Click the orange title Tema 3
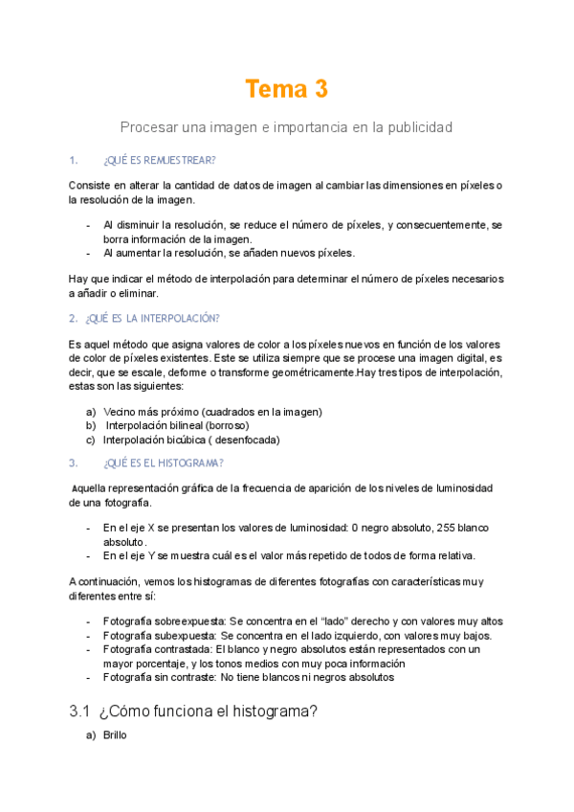[286, 89]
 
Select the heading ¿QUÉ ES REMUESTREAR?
[159, 160]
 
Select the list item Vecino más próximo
[145, 412]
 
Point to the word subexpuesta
[183, 635]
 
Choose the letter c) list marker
[91, 440]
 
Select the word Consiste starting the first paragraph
[90, 185]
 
